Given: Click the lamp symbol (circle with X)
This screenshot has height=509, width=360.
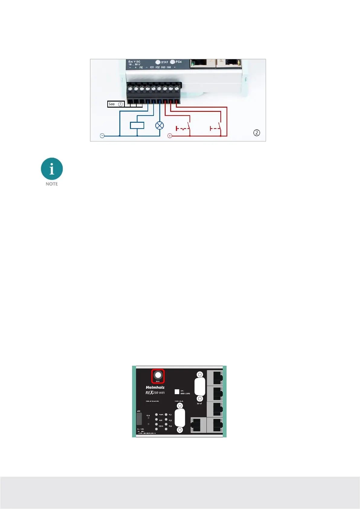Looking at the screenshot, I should click(159, 125).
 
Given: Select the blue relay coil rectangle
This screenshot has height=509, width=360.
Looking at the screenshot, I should click(137, 125).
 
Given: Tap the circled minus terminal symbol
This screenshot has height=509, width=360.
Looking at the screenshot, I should click(102, 136).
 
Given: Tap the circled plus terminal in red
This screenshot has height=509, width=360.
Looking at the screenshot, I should click(170, 136).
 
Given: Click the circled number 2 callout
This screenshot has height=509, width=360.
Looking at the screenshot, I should click(257, 133).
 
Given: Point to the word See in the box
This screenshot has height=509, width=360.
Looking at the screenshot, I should click(112, 104).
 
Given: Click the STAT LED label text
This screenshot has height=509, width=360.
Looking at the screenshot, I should click(164, 62).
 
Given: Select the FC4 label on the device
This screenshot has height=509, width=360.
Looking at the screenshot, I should click(178, 62).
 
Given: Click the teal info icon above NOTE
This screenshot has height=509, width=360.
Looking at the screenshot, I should click(52, 169).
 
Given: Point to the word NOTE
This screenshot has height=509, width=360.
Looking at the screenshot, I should click(52, 184).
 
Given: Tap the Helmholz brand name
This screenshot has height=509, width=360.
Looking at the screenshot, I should click(155, 387).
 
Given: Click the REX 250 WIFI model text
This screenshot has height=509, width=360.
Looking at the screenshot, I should click(155, 393).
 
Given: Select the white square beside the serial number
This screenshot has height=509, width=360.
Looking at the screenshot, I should click(177, 392).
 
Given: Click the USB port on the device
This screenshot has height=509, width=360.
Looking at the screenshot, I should click(139, 419).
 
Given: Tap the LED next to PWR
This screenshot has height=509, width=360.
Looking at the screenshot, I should click(156, 415).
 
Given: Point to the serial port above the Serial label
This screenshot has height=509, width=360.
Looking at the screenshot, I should click(199, 387).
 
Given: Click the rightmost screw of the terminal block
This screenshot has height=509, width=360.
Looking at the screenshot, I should click(177, 89).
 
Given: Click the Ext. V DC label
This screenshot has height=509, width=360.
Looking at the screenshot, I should click(134, 62).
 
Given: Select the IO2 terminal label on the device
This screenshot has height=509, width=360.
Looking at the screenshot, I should click(157, 67).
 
